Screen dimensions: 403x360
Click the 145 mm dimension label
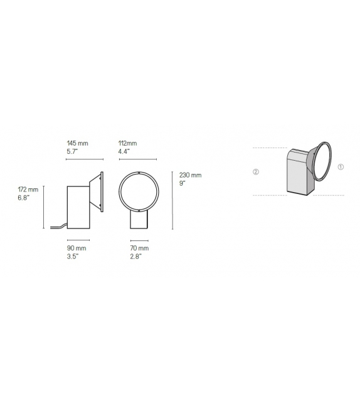(x=78, y=144)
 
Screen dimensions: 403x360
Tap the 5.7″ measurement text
(x=73, y=152)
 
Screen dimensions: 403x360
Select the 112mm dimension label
(x=127, y=144)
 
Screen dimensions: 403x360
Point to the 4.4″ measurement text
(x=124, y=152)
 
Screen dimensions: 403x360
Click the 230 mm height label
(x=191, y=175)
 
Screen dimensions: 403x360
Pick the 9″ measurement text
(x=183, y=183)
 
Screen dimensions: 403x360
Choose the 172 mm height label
(x=29, y=190)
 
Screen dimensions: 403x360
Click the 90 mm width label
(x=77, y=249)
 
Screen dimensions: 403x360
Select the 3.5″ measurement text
(x=73, y=257)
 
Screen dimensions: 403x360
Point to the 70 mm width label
(x=140, y=249)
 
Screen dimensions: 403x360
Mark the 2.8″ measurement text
(x=136, y=257)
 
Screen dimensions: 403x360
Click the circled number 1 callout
(x=340, y=168)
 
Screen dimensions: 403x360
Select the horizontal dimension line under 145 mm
(x=85, y=159)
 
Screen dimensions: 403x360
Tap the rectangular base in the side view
(x=79, y=208)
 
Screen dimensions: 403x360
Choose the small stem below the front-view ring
(x=139, y=220)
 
